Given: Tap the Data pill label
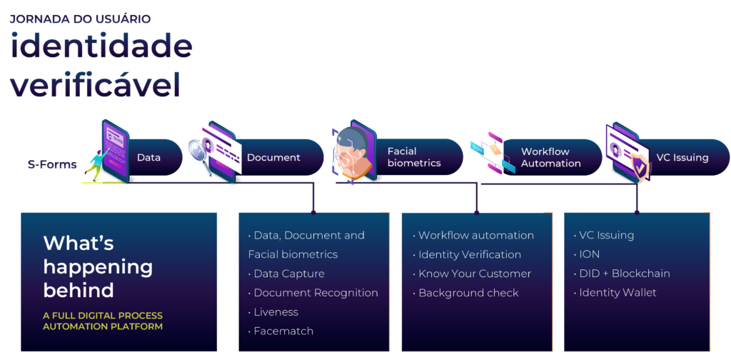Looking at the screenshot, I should pyautogui.click(x=148, y=157).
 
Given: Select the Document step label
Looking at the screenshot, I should pyautogui.click(x=273, y=157).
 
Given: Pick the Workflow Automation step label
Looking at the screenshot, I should pyautogui.click(x=550, y=157).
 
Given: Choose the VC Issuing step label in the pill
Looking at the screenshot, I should pyautogui.click(x=682, y=157).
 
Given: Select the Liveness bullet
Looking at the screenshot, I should pyautogui.click(x=276, y=312).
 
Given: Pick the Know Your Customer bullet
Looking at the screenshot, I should pyautogui.click(x=474, y=274).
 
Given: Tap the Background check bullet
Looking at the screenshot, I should pyautogui.click(x=468, y=293).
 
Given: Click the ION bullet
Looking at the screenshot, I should pyautogui.click(x=589, y=254).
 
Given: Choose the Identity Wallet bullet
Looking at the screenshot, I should pyautogui.click(x=617, y=293).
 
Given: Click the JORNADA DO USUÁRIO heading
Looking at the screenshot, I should pyautogui.click(x=80, y=19).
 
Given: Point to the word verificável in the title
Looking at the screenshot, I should pyautogui.click(x=95, y=85).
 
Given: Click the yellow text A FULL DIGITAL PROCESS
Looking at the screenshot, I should pyautogui.click(x=103, y=316).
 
